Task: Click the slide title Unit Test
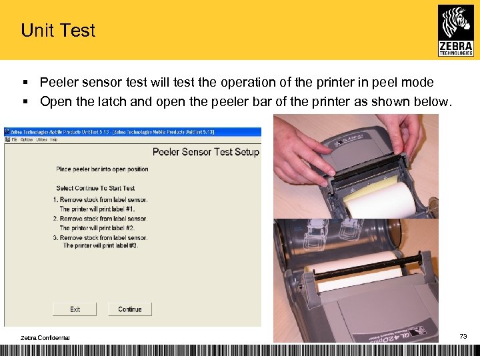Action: (x=58, y=31)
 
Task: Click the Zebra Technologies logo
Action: (x=456, y=30)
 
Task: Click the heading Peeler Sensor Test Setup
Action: (x=205, y=152)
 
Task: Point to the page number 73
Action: (x=463, y=337)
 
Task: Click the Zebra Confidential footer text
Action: (x=45, y=337)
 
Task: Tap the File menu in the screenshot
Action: (x=13, y=140)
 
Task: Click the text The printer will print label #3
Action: (x=100, y=246)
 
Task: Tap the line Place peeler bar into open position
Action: (x=102, y=169)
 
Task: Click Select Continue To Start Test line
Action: (x=95, y=189)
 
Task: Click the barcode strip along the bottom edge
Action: (x=240, y=351)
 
